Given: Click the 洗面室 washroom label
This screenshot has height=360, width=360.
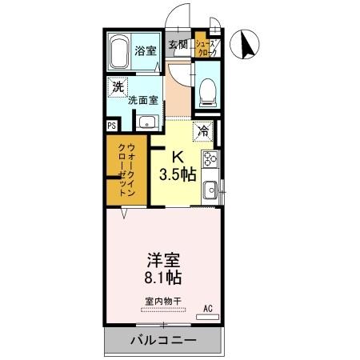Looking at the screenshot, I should (144, 101).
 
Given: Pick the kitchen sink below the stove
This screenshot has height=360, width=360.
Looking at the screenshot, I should (210, 191).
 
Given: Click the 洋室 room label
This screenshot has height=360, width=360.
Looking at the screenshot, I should (162, 260).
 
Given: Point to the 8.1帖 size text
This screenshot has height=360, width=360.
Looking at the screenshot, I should (162, 279).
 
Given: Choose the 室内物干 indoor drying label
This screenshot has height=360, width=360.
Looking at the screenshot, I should (162, 302).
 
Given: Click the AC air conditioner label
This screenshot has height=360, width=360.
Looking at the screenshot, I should (208, 307).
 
